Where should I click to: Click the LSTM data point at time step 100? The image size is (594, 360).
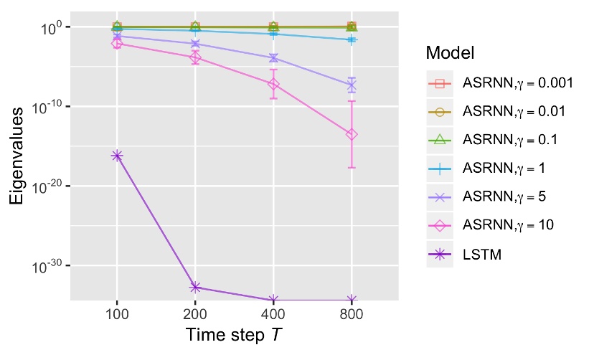(117, 156)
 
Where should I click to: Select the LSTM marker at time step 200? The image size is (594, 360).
(195, 288)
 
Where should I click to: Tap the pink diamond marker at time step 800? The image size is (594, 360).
(352, 134)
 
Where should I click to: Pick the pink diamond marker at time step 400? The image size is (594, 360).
(273, 84)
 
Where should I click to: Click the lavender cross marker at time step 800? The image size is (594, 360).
(352, 85)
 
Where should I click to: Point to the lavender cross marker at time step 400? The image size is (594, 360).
(273, 57)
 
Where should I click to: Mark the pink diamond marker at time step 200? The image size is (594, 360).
(195, 57)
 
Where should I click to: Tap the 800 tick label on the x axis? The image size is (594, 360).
(352, 316)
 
